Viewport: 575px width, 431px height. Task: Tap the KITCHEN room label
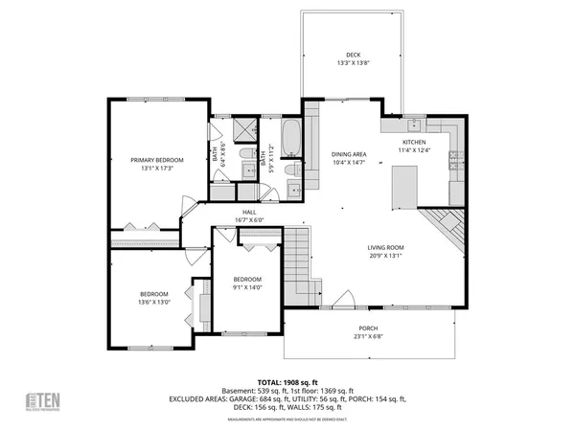point(414,142)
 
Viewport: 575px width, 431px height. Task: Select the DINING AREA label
point(349,154)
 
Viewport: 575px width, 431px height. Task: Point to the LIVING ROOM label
point(386,247)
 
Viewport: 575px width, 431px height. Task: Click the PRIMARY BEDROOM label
point(157,160)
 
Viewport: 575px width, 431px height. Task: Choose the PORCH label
point(368,328)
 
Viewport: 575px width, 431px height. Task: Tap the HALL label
point(249,212)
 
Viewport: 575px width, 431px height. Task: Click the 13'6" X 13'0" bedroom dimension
point(154,303)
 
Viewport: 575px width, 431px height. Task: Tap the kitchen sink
point(413,125)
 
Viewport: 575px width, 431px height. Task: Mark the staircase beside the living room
point(301,263)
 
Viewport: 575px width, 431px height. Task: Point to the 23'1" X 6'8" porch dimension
point(368,336)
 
